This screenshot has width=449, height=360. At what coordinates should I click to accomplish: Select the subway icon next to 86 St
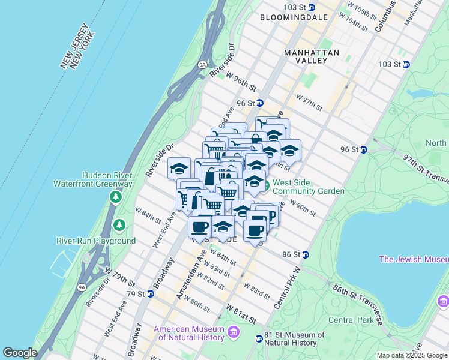(x=305, y=254)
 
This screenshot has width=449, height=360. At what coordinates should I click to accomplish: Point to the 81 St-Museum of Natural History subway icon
(x=259, y=339)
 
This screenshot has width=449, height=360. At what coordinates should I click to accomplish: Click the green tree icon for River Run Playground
(x=120, y=225)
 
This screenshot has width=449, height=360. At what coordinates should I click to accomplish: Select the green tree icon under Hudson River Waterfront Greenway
(x=115, y=197)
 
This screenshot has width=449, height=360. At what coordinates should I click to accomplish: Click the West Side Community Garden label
(x=309, y=187)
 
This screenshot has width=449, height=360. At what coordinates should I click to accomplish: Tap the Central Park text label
(x=350, y=320)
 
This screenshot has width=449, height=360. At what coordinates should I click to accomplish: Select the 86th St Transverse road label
(x=358, y=305)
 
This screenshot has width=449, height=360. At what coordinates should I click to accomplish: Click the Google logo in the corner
(x=20, y=353)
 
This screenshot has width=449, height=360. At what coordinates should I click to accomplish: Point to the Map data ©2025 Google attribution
(x=411, y=355)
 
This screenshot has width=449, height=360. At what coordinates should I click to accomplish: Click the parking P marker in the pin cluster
(x=271, y=215)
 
